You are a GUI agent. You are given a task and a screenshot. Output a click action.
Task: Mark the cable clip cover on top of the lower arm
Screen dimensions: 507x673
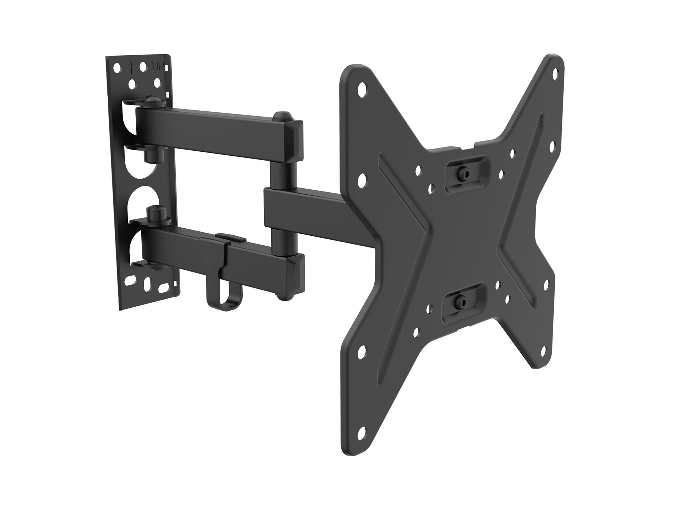228,236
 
